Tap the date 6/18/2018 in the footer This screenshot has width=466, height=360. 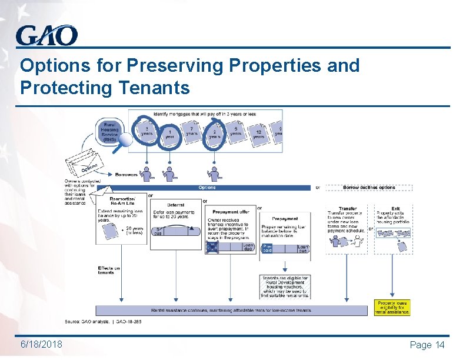pyautogui.click(x=41, y=344)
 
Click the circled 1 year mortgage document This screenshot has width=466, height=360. pyautogui.click(x=169, y=135)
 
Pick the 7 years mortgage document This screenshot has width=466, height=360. pyautogui.click(x=191, y=130)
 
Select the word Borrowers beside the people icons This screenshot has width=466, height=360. pyautogui.click(x=127, y=175)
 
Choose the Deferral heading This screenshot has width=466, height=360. pyautogui.click(x=175, y=205)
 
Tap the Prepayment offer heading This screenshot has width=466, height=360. pyautogui.click(x=231, y=212)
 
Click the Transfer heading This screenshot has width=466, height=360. pyautogui.click(x=347, y=209)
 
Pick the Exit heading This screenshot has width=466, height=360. pyautogui.click(x=395, y=209)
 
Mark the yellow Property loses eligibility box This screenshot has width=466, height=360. pyautogui.click(x=392, y=307)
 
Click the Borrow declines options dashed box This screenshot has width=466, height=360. pyautogui.click(x=369, y=188)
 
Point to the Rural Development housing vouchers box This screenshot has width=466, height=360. pyautogui.click(x=284, y=286)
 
